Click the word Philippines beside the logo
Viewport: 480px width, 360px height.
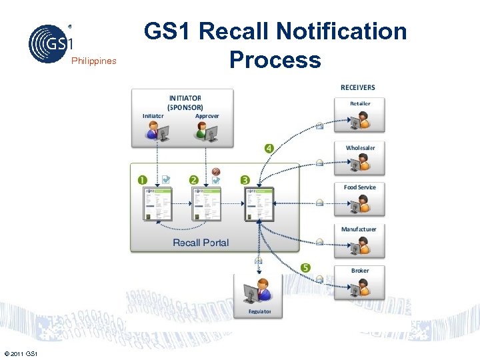point(93,61)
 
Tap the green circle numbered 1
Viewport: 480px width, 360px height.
point(142,179)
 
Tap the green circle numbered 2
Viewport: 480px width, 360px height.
point(193,179)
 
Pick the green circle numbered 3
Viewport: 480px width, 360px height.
point(245,179)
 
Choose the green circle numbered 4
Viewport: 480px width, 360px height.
point(269,148)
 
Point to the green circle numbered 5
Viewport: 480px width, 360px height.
point(306,267)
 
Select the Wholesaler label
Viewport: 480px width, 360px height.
point(360,147)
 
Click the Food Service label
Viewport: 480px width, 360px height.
point(359,187)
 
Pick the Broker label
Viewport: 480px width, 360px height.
point(360,271)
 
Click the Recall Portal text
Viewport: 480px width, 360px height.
point(200,243)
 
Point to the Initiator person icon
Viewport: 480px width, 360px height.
point(156,132)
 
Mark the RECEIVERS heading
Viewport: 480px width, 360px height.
point(357,87)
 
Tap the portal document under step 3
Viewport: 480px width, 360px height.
point(259,203)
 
